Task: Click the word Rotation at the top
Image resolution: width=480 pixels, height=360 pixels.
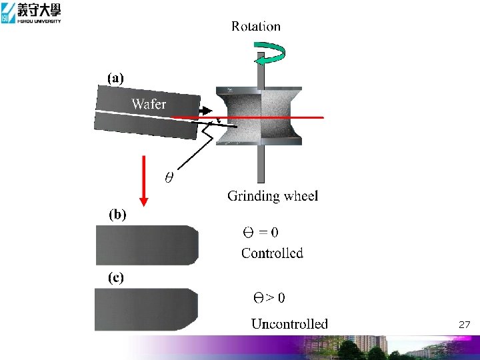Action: pos(256,27)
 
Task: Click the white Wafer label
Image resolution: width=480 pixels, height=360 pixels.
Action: pos(149,103)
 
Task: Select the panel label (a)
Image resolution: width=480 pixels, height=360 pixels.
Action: pos(115,78)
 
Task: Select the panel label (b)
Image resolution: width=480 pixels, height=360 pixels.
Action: pos(117,215)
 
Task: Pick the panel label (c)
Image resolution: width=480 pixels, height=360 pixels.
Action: pos(116,278)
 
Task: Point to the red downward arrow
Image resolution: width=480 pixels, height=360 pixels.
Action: pos(143,180)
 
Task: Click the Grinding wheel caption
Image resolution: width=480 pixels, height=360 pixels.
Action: pos(273,196)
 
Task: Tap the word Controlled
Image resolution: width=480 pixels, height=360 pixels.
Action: pos(272,253)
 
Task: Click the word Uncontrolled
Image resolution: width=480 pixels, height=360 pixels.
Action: pos(289,324)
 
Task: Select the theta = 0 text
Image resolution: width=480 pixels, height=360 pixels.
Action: pos(260,233)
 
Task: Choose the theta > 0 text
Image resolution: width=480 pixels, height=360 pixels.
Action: pos(268,297)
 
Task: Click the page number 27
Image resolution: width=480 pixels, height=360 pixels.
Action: pos(465,325)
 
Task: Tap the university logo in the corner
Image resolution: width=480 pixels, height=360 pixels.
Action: pos(31,13)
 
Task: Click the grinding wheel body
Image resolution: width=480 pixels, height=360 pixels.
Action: pos(261,116)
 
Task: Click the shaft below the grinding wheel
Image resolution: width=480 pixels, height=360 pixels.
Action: pos(261,163)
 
